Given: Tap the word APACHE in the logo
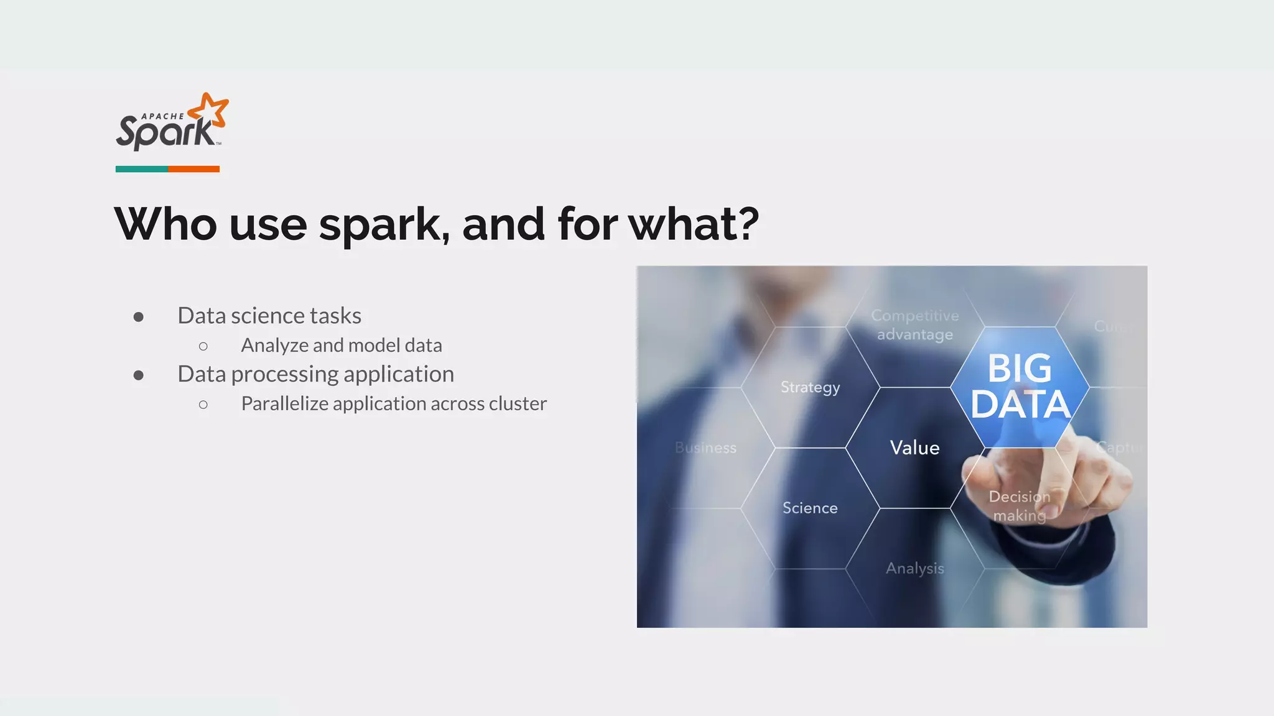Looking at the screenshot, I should (x=163, y=116).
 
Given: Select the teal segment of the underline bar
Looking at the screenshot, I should (x=141, y=169).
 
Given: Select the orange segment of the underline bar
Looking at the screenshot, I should (x=193, y=169).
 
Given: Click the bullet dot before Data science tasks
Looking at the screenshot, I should (x=139, y=317).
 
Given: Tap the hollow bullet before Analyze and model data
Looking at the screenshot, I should (x=203, y=346).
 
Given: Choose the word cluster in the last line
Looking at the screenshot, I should (x=518, y=404).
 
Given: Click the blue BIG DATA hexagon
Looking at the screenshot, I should (x=1020, y=387).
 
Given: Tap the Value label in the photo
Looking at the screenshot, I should (x=914, y=447).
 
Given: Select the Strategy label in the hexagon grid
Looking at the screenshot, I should (x=810, y=387).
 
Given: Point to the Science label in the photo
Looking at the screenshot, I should (x=810, y=508).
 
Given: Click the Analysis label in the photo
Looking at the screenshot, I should (x=914, y=568).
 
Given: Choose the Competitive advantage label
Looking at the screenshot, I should (x=914, y=324).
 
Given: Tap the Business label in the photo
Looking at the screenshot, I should (x=705, y=447).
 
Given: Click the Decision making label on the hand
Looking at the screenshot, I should (x=1020, y=506).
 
